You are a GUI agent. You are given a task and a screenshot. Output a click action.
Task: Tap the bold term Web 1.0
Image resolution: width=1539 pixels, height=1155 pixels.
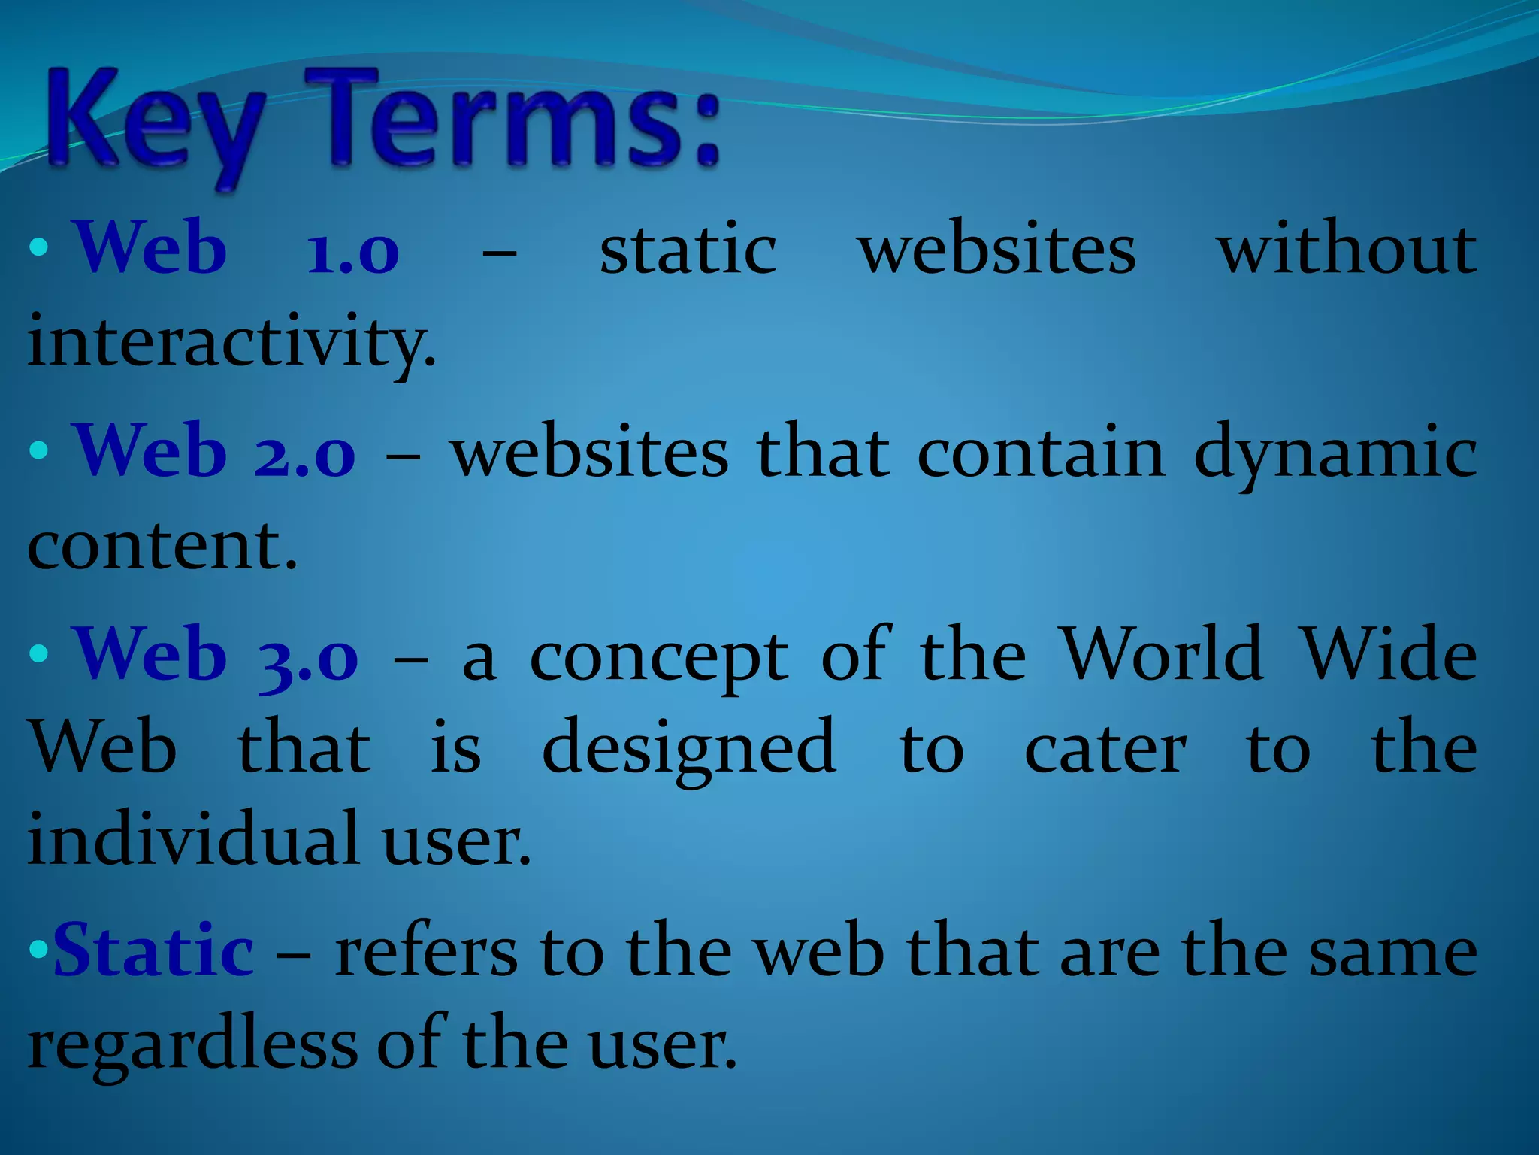click(x=237, y=248)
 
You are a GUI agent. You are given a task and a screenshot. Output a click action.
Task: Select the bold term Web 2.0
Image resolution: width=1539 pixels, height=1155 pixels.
click(x=215, y=451)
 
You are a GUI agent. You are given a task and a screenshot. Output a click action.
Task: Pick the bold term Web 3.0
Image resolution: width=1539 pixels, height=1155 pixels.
click(x=216, y=654)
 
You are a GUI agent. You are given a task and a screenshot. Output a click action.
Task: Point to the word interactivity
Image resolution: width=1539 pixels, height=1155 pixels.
click(x=231, y=342)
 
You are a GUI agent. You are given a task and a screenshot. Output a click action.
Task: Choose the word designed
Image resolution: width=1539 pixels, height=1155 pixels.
click(x=689, y=748)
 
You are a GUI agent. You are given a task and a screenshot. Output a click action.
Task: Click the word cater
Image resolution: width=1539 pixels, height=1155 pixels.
click(x=1105, y=748)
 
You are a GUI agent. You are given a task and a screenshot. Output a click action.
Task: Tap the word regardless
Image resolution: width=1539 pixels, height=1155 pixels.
click(x=192, y=1045)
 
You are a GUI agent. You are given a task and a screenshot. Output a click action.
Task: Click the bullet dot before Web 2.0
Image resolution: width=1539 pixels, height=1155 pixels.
click(x=38, y=451)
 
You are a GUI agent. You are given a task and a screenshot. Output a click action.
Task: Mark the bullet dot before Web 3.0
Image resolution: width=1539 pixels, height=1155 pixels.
click(x=38, y=653)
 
